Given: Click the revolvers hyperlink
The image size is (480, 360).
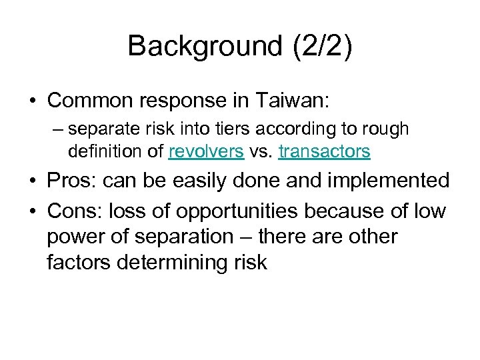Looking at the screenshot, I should [x=206, y=151].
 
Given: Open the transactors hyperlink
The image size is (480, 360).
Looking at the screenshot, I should [x=325, y=151].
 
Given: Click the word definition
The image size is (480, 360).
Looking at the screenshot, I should [x=106, y=151].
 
